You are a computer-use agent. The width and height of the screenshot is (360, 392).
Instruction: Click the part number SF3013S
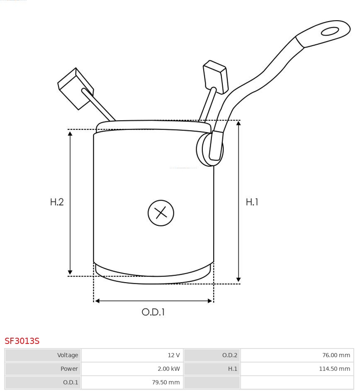coord(22,341)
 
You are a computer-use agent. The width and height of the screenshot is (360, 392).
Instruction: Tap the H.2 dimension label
coord(57,202)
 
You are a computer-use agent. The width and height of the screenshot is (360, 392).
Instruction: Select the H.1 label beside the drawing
coord(252,202)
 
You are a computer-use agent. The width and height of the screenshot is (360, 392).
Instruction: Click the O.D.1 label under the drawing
coord(153,312)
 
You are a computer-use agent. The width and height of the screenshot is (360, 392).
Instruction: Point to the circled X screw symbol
coord(161,213)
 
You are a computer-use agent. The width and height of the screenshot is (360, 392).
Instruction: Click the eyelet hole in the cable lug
coord(330,32)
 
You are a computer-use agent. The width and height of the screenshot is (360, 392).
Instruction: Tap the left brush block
coord(75,89)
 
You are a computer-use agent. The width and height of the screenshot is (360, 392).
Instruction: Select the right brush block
coord(215,77)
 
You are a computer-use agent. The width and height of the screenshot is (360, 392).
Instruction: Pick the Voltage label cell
coord(68,355)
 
